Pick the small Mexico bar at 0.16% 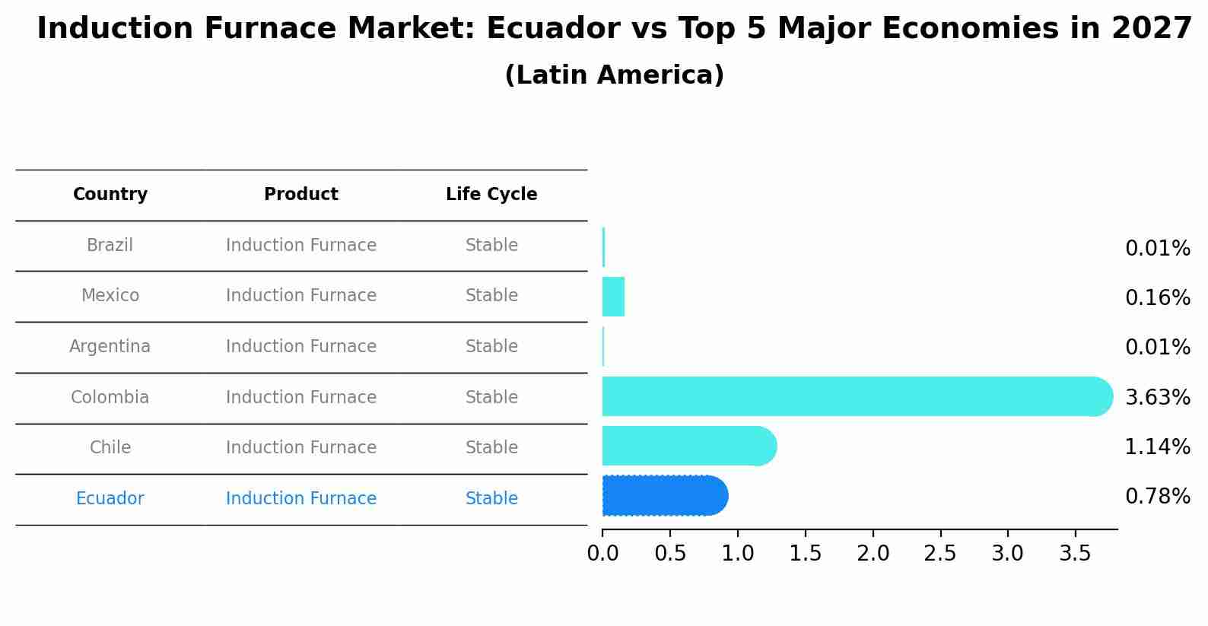613,297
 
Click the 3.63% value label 1157,397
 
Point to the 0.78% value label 1157,497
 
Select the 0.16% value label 1157,297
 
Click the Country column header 110,195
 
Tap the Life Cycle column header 491,195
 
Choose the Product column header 301,195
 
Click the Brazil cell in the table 110,246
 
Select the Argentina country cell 110,347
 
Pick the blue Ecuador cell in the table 110,499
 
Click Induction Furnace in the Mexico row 301,296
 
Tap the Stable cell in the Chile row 491,448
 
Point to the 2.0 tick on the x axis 873,554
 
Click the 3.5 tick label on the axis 1075,554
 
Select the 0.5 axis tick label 670,554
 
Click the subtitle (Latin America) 614,75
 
